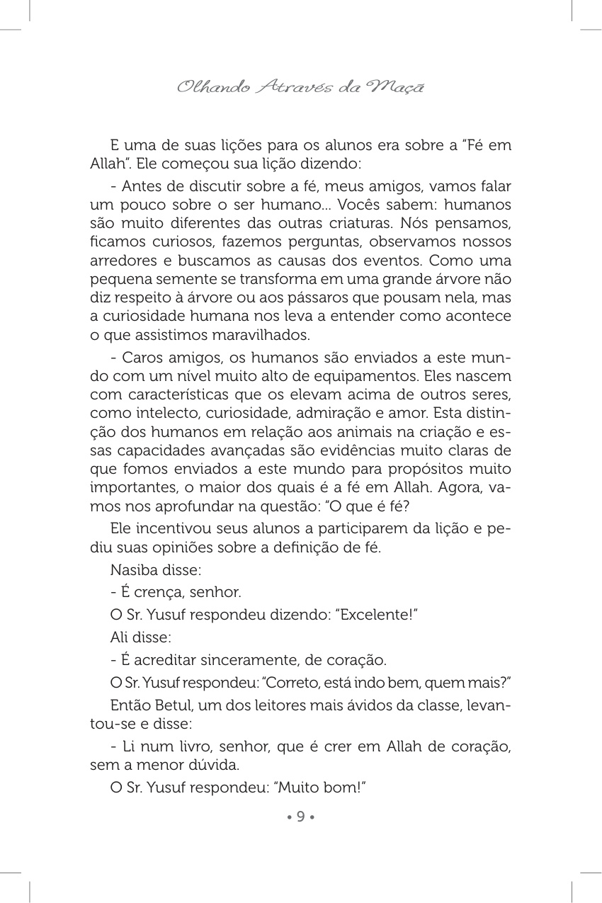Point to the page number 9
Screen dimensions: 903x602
point(300,817)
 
